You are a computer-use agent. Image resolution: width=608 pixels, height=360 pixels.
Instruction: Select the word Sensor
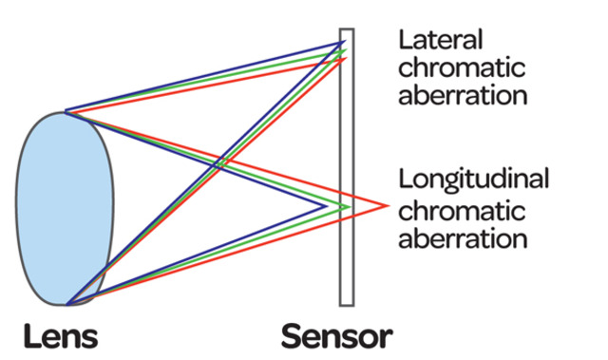coord(335,336)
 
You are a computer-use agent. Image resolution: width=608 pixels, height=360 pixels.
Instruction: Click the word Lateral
coord(441,40)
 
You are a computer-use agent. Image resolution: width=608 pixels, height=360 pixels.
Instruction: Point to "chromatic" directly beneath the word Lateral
coord(460,67)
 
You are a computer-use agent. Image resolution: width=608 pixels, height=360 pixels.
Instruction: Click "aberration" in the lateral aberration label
coord(463,95)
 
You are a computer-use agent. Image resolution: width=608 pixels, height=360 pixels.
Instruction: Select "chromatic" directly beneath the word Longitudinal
coord(460,208)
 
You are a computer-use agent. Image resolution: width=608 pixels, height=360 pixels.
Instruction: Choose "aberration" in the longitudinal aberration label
coord(463,236)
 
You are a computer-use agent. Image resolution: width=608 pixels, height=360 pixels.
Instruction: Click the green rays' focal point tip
coord(351,206)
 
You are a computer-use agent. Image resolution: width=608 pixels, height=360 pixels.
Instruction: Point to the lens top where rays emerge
coord(66,112)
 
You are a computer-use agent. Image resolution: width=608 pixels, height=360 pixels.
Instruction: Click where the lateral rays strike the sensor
coord(344,50)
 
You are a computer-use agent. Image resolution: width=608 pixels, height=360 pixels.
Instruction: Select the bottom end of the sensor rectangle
coord(347,304)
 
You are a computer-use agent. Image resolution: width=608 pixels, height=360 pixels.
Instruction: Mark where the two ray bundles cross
coord(218,164)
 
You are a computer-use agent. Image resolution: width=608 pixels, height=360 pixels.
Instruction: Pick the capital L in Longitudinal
coord(406,180)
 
